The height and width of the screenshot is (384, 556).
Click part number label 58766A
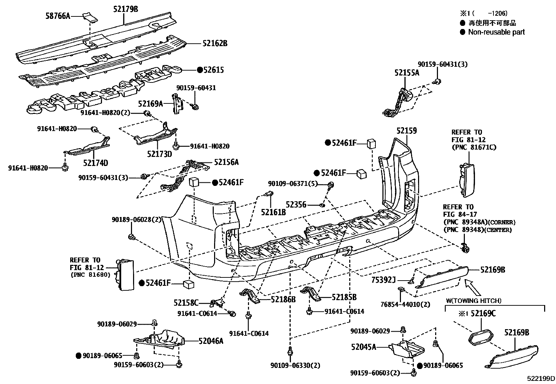(x=58, y=16)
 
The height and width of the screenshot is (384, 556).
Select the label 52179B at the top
(x=125, y=9)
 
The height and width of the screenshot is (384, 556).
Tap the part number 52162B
(x=215, y=43)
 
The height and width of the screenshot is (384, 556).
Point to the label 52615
(x=214, y=70)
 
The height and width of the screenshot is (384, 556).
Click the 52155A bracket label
(x=407, y=73)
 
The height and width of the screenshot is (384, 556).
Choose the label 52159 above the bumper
(x=407, y=131)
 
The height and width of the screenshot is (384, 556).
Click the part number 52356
(x=296, y=204)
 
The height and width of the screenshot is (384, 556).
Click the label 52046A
(x=211, y=341)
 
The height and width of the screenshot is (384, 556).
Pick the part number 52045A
(x=364, y=347)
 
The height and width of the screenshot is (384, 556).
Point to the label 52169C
(x=483, y=313)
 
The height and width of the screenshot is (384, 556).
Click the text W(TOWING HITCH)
(x=474, y=300)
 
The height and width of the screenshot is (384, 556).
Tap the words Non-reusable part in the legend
(x=496, y=32)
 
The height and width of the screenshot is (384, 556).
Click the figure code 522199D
(x=541, y=379)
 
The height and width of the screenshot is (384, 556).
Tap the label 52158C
(x=186, y=302)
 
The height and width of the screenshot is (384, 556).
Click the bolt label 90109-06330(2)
(x=295, y=365)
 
